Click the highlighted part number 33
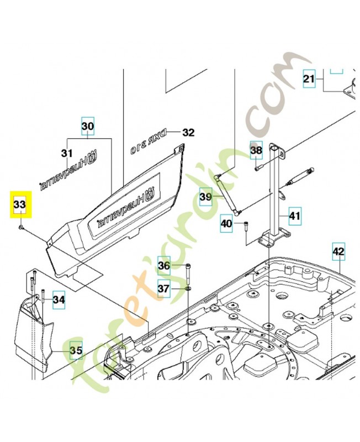(x=19, y=204)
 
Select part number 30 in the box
(x=88, y=127)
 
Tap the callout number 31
(x=67, y=152)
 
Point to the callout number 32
(x=188, y=133)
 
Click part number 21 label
(x=309, y=79)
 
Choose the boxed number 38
(x=256, y=150)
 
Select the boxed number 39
(x=206, y=197)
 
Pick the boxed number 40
(x=226, y=224)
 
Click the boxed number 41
(x=295, y=216)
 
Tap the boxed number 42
(x=338, y=251)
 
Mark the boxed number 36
(x=164, y=266)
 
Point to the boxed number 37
(x=164, y=288)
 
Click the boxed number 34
(x=59, y=300)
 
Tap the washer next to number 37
(x=188, y=288)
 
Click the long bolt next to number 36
(x=189, y=271)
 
